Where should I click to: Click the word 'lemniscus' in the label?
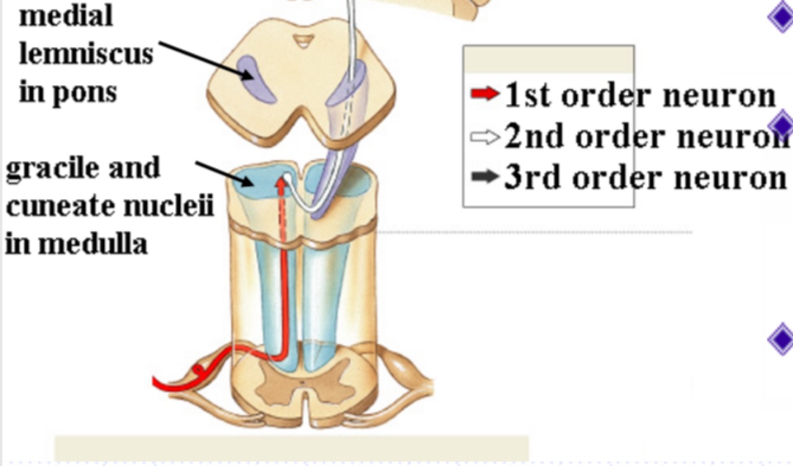[x=86, y=55]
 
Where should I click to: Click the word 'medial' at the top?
[x=65, y=16]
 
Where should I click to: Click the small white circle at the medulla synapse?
[x=288, y=177]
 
